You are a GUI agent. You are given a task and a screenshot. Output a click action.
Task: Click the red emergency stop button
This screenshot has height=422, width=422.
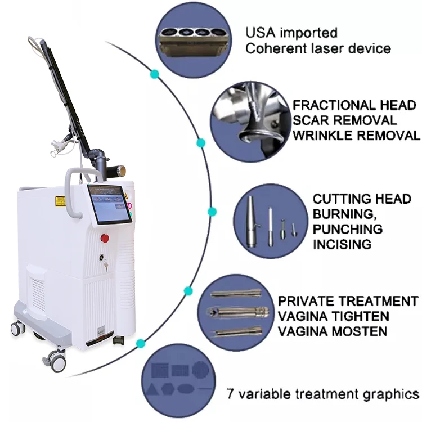pos(105,238)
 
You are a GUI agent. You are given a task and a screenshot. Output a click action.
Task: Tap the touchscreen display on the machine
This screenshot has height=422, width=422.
pos(110,204)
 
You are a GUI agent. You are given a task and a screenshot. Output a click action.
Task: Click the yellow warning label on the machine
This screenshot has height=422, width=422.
pos(60,201)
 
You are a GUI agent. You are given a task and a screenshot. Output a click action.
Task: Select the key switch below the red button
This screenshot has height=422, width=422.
pos(101,257)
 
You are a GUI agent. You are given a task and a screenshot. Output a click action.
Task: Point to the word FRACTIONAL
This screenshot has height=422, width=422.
pos(333,105)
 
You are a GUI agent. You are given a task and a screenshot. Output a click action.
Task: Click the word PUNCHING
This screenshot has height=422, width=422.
pos(348,229)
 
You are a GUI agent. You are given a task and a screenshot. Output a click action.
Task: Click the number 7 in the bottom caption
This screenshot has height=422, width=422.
pos(230,393)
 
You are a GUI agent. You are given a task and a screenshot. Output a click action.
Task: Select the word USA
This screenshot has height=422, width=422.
pos(261,33)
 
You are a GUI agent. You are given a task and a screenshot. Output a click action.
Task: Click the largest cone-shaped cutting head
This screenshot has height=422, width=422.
pos(251,222)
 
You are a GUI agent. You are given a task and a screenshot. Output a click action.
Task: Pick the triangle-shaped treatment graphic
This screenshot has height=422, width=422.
pos(153,389)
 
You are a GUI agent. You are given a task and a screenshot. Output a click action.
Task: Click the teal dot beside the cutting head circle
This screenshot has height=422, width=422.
pos(212,212)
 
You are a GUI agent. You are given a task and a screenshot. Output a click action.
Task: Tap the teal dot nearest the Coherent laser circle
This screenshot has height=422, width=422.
pos(155,74)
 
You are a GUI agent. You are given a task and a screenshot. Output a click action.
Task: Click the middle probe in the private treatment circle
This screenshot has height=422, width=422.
pos(238,312)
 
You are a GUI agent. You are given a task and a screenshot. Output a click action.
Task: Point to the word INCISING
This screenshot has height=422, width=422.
pos(342,244)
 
